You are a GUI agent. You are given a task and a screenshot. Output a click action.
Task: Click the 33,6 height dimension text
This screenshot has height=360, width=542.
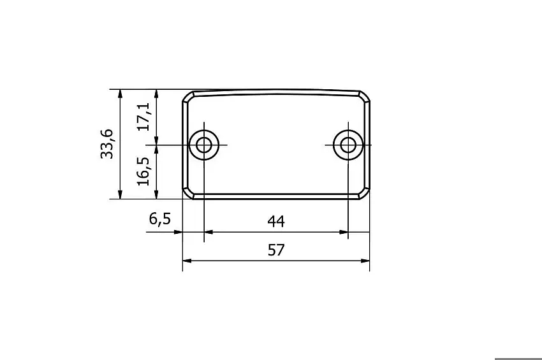[106, 143]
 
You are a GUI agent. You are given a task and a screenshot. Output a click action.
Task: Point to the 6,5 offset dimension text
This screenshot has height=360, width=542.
[159, 219]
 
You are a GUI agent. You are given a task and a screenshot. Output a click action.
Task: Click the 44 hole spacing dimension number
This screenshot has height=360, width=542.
[275, 221]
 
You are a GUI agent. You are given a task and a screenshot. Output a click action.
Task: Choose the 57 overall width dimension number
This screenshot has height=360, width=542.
[275, 250]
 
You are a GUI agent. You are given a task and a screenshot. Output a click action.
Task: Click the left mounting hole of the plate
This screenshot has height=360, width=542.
[204, 145]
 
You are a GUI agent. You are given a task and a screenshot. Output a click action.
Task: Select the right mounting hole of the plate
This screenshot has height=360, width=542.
[348, 145]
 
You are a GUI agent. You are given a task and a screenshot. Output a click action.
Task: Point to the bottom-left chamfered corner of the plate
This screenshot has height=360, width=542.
[187, 194]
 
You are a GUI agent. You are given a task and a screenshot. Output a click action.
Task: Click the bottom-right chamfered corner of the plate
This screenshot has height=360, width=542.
[365, 194]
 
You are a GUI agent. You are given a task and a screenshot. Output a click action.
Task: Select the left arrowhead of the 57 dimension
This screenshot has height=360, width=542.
[187, 261]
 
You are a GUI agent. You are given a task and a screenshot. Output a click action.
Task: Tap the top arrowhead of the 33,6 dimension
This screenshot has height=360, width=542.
[120, 93]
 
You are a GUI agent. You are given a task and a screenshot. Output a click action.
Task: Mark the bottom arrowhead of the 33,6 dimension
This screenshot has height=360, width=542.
[120, 194]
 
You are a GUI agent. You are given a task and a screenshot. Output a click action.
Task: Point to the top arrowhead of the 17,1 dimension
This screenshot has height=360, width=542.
[157, 93]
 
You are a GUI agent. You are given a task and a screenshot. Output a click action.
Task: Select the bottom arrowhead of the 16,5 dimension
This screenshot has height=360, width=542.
[157, 194]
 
